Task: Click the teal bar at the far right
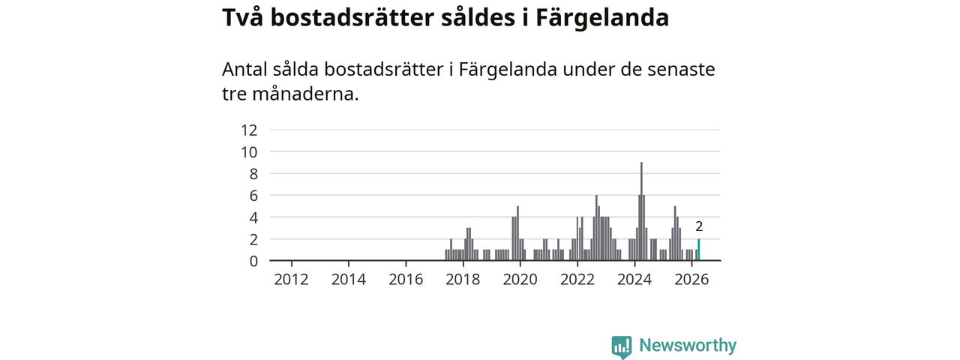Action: coord(698,250)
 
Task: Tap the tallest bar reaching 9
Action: coord(641,211)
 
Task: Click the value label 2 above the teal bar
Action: coord(699,226)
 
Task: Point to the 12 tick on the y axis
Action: coord(249,130)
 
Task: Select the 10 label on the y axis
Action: coord(249,152)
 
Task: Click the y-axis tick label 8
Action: coord(253,174)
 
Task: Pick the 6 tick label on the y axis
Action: coord(253,196)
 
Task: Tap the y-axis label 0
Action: coord(253,261)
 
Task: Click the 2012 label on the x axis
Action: coord(292,280)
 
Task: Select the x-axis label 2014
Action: coord(349,280)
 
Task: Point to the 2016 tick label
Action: coord(406,280)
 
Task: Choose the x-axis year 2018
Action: coord(463,280)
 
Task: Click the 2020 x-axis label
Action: coord(520,280)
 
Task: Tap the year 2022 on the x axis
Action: coord(577,280)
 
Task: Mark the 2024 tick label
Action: coord(634,280)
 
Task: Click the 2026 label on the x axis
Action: coord(691,280)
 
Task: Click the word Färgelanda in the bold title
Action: coord(602,19)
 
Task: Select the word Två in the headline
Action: coord(242,17)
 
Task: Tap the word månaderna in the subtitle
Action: coord(305,94)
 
